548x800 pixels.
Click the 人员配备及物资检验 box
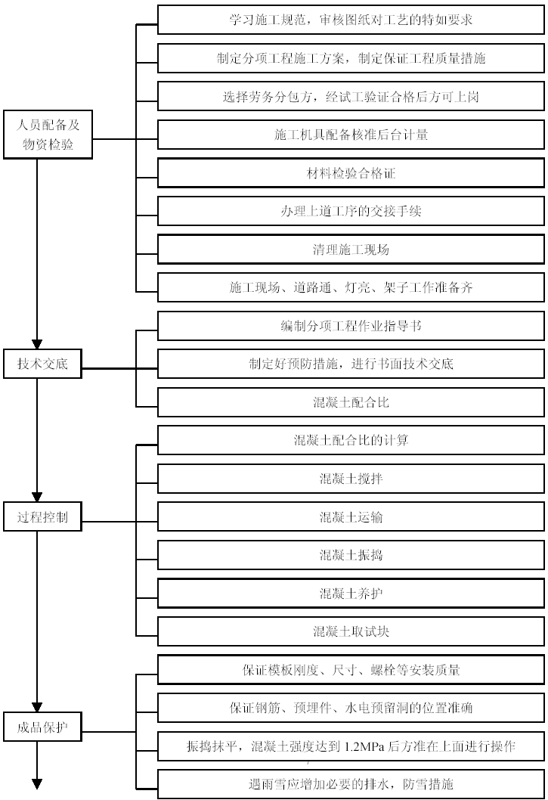coord(48,134)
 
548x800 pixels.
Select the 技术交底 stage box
coord(42,364)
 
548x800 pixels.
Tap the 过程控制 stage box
coord(42,517)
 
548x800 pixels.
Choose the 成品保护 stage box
coord(42,727)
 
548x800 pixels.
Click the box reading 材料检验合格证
coord(351,173)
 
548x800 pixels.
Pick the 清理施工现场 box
coord(351,250)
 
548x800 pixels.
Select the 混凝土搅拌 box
coord(351,479)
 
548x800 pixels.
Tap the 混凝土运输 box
coord(351,517)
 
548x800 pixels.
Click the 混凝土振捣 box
coord(351,555)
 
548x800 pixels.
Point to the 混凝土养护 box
coord(351,594)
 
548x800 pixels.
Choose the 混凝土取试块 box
coord(351,631)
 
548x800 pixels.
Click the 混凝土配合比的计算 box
coord(351,440)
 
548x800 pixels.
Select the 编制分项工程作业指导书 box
coord(351,326)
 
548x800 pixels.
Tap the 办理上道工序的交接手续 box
coord(351,211)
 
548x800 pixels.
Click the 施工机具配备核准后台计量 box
coord(351,135)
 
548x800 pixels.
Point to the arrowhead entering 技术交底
coord(37,344)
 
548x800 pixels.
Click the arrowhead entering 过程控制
coord(37,498)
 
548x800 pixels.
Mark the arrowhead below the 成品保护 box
coord(37,784)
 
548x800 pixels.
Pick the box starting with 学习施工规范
coord(351,20)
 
